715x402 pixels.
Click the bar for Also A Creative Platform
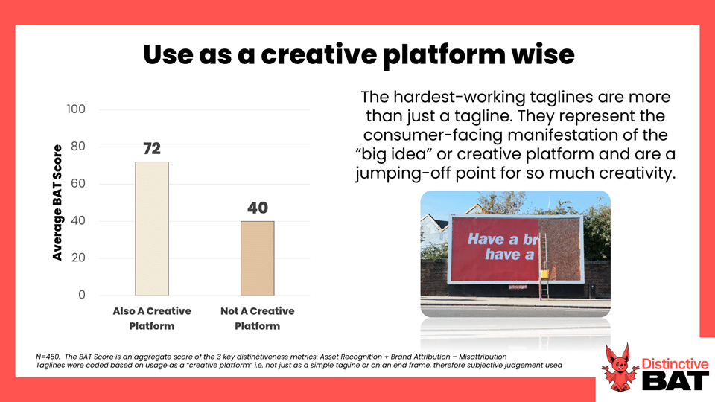pos(152,229)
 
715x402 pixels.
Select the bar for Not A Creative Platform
pos(258,258)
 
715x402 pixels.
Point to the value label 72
pos(152,149)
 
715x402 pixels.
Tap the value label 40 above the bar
pos(258,208)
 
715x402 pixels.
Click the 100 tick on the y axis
pos(76,109)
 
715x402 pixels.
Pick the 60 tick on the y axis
pos(78,184)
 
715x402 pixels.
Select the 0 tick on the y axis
pos(82,295)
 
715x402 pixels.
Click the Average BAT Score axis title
pos(57,202)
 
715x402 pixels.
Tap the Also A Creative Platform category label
pos(152,318)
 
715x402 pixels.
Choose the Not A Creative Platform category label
pos(258,318)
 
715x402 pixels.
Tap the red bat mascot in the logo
pos(619,368)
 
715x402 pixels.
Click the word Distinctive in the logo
pos(675,364)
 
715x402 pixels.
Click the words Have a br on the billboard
pos(503,239)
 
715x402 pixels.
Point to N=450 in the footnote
pos(48,357)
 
